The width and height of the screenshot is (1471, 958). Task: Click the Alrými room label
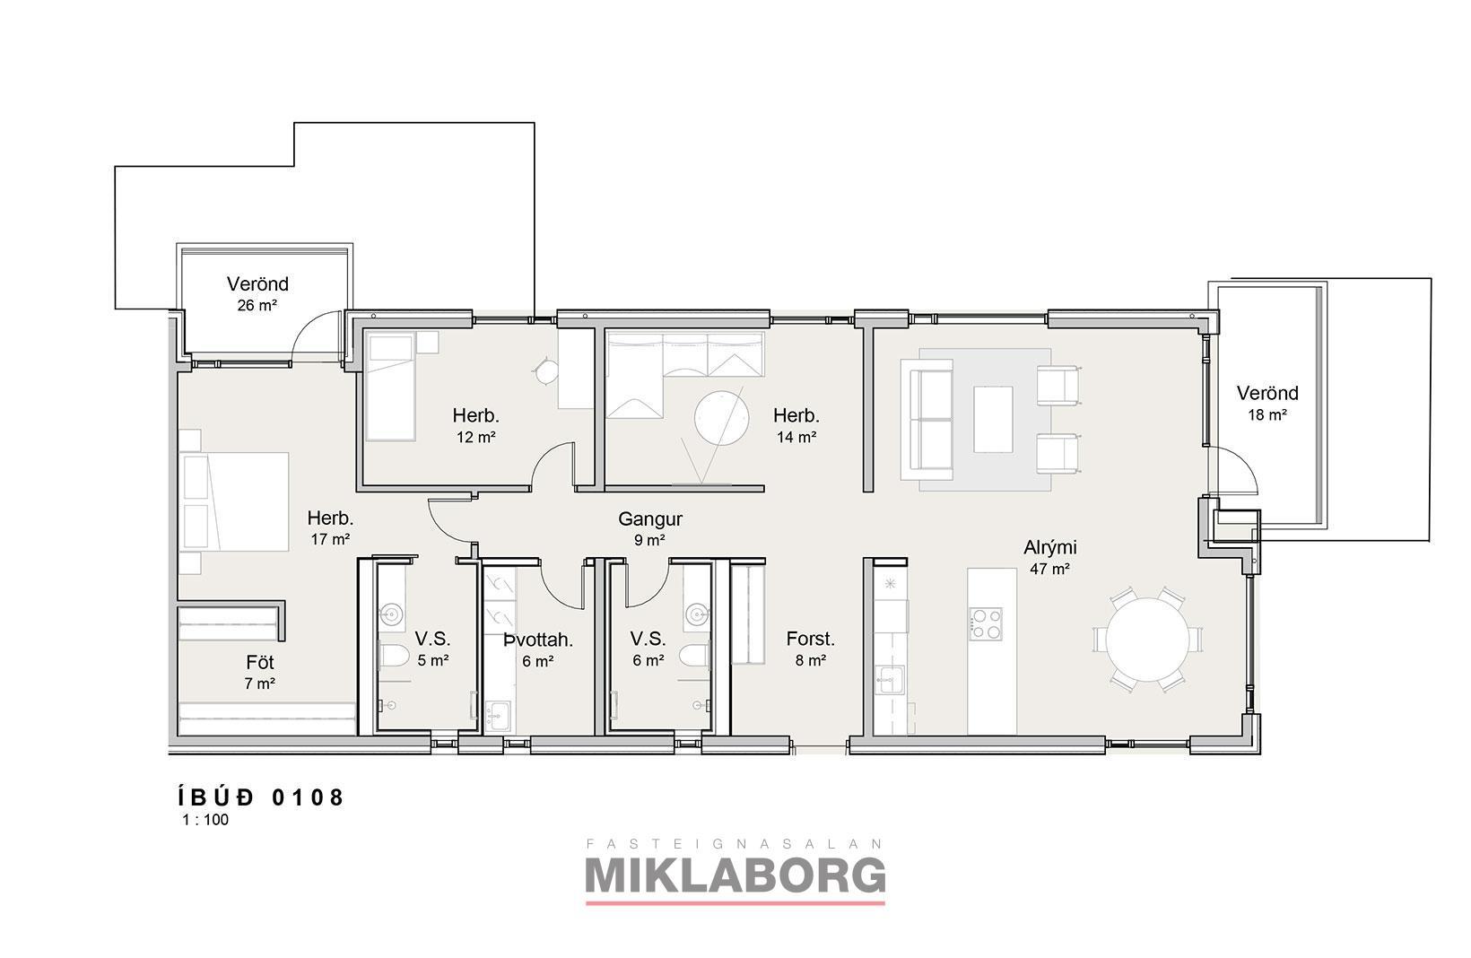(1050, 548)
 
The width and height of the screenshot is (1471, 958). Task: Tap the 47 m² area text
(1049, 570)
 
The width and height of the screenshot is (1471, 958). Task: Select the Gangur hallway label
(650, 519)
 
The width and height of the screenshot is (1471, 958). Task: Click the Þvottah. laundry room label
(538, 640)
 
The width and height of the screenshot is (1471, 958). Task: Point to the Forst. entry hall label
(810, 639)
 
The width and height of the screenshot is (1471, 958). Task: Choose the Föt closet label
(260, 663)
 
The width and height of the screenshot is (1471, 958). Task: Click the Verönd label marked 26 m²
(257, 284)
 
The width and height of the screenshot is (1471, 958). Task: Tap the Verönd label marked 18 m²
(1267, 393)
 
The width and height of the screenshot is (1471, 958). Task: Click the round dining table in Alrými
(1147, 640)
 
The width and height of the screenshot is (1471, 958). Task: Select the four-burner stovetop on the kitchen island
(986, 623)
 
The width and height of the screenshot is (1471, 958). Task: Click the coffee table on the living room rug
(993, 419)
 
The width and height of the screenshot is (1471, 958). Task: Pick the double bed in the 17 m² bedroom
(234, 501)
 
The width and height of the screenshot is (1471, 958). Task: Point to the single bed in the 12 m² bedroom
(390, 386)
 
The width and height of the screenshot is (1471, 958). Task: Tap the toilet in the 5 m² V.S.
(395, 656)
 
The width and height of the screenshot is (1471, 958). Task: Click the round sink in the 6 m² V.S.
(697, 614)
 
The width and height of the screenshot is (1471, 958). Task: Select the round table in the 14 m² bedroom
(721, 418)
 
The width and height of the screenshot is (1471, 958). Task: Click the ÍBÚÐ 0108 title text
(261, 797)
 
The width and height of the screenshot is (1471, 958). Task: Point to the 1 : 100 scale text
(205, 820)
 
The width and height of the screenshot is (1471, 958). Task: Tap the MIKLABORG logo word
(735, 875)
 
